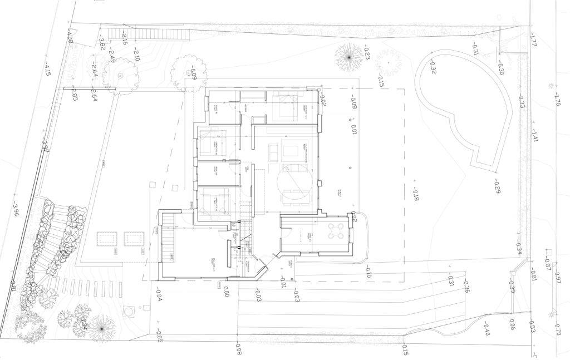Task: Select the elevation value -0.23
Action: (x=367, y=52)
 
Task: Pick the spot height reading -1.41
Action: (x=534, y=135)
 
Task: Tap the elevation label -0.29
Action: (x=497, y=189)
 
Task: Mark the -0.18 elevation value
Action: (x=415, y=194)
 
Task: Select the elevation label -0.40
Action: (x=486, y=329)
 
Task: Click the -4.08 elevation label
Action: (x=70, y=37)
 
